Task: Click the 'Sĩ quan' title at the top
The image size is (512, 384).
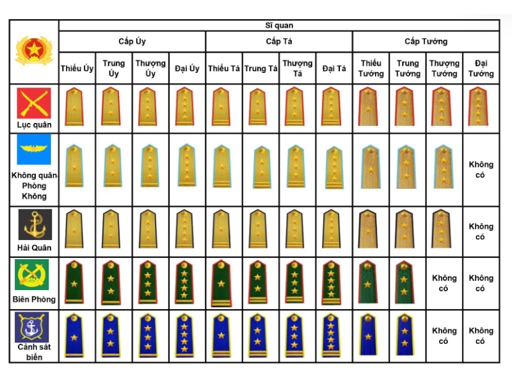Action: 279,26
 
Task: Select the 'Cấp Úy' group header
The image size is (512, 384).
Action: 132,42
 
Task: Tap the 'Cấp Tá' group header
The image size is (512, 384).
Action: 279,42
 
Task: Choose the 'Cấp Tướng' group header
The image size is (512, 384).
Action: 426,42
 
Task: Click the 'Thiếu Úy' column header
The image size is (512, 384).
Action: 77,68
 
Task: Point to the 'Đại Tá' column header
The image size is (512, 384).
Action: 334,68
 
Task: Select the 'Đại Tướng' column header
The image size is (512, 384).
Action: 481,68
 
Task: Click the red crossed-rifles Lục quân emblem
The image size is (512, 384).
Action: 34,103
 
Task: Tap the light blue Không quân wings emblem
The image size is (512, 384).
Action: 34,150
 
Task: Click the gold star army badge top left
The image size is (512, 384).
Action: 34,51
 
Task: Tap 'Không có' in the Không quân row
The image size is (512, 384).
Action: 481,170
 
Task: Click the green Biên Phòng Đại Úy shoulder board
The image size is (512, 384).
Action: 185,282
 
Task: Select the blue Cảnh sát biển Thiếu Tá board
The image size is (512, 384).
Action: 221,335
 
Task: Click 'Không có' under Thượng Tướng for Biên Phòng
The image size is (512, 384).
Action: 444,283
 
